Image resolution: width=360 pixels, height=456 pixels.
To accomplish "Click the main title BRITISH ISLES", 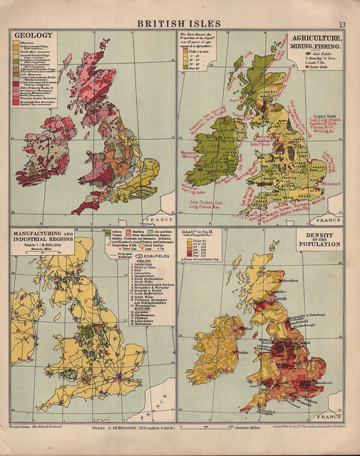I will pyautogui.click(x=179, y=24).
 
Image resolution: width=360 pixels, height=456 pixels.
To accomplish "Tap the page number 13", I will pyautogui.click(x=342, y=25).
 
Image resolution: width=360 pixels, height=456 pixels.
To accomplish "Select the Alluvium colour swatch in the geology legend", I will pyautogui.click(x=16, y=42).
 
